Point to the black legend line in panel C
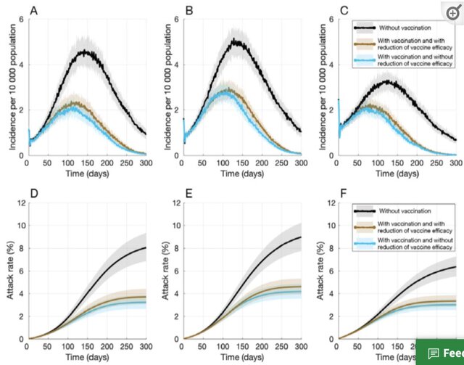point(365,26)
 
